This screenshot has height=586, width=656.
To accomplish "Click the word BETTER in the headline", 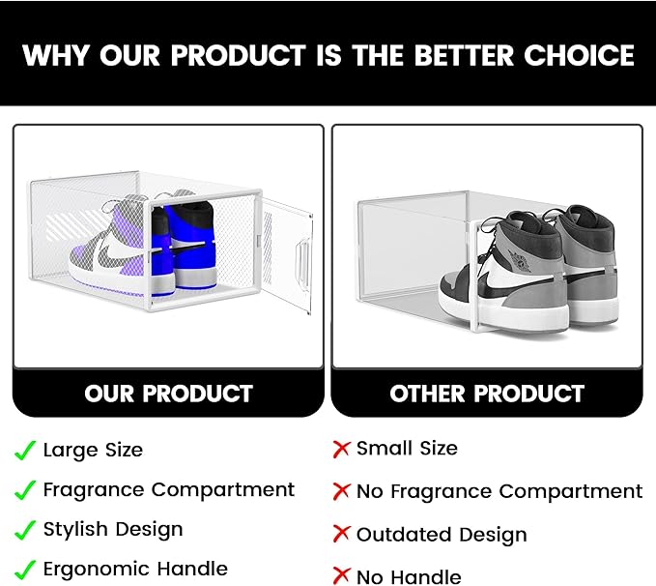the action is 464,55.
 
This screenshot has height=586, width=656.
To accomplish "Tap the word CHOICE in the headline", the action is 579,55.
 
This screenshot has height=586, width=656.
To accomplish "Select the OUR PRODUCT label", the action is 169,394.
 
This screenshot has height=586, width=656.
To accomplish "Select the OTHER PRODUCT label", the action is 487,394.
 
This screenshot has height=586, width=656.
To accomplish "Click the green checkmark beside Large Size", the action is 25,451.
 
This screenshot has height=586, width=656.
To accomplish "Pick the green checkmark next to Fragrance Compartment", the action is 25,490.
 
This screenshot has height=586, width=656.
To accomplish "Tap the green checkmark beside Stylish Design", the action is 25,530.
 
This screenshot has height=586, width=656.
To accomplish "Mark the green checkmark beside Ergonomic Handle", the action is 25,570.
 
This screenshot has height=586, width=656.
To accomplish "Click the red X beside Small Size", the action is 341,449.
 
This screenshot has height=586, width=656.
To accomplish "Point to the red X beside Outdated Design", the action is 341,534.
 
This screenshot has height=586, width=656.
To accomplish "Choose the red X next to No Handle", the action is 341,575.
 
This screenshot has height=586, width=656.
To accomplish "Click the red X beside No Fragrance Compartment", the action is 341,491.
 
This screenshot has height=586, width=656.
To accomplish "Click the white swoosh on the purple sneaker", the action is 116,250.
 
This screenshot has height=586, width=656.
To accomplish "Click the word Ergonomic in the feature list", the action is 95,570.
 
